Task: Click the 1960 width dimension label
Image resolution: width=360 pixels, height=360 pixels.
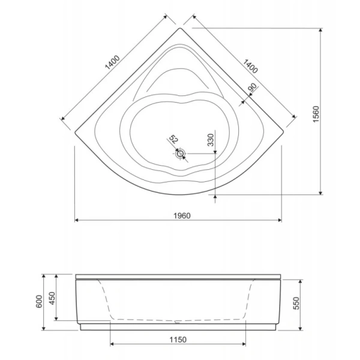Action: pos(182,215)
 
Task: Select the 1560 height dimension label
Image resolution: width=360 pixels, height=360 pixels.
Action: pos(316,114)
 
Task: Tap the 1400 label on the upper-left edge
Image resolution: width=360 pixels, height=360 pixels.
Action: pos(112,62)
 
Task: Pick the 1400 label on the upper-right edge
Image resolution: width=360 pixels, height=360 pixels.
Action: pos(250,66)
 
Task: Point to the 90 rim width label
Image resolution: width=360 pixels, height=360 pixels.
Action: pos(253,88)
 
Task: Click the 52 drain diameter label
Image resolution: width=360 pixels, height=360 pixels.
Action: pos(173,139)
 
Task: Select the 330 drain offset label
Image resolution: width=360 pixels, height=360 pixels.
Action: pos(211,140)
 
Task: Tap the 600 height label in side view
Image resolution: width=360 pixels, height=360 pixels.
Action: pos(39,301)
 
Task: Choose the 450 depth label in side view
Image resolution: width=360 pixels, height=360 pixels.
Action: pos(53,298)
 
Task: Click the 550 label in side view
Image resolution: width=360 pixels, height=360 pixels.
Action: pos(296,303)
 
